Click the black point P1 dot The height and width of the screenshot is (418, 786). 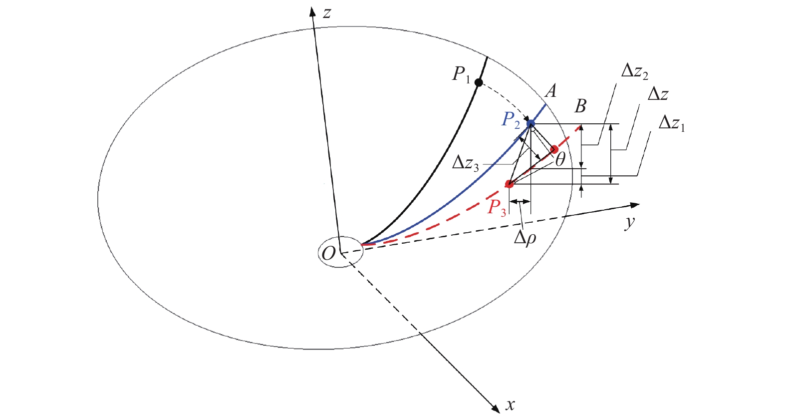tap(478, 82)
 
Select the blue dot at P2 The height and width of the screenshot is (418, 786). tap(530, 124)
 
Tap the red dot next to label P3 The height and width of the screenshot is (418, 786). tap(509, 184)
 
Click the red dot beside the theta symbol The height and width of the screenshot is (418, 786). tap(554, 149)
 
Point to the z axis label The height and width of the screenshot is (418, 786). tap(327, 13)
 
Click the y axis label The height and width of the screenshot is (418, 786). tap(630, 222)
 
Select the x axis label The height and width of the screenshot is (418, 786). tap(510, 405)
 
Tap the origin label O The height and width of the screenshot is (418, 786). tap(328, 253)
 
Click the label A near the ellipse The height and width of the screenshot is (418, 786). tap(550, 91)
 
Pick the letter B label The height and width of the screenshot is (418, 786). tap(580, 106)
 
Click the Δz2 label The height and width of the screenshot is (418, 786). tap(634, 72)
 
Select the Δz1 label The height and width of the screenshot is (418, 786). tap(672, 124)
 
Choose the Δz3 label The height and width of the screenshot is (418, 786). tap(465, 164)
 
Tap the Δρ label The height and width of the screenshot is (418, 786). tap(525, 239)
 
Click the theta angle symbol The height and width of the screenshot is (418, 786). tap(560, 160)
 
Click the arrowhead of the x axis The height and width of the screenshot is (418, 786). tap(496, 409)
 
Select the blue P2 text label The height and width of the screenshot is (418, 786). tap(511, 120)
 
